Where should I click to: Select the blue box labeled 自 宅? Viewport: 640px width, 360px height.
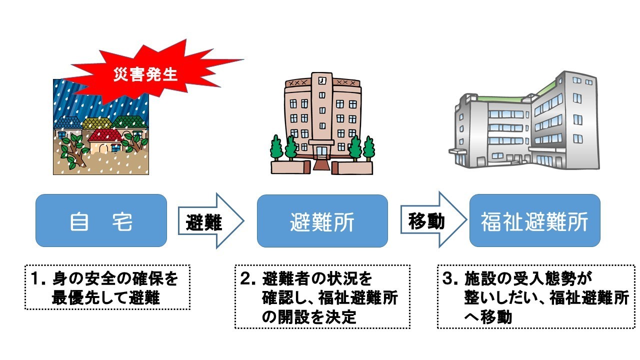click(101, 220)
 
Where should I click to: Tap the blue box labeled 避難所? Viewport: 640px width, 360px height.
click(322, 220)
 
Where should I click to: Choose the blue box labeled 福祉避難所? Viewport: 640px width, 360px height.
click(534, 220)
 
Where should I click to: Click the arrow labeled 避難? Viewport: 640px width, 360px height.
click(210, 220)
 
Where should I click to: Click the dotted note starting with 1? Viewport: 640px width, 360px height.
click(107, 287)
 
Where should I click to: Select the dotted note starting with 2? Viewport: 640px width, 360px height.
click(322, 296)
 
